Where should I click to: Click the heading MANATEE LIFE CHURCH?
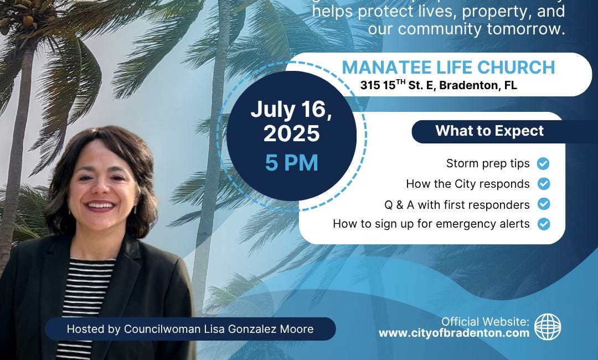448,68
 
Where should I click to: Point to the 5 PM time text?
291,163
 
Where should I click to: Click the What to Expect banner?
489,131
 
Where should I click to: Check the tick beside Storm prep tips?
544,163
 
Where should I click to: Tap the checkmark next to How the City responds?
544,184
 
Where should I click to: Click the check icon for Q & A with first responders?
544,204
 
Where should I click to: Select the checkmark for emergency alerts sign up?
544,224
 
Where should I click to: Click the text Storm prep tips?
488,163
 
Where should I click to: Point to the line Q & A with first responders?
457,204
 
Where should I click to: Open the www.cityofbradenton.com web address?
454,333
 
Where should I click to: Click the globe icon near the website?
548,327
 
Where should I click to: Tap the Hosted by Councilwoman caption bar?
190,329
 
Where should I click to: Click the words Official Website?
486,322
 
